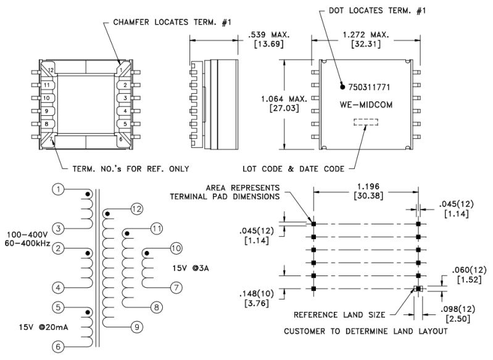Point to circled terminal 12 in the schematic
[136, 209]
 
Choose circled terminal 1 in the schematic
[57, 190]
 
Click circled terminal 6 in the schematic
[57, 346]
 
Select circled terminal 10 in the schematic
[176, 248]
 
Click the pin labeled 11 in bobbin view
[48, 85]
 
